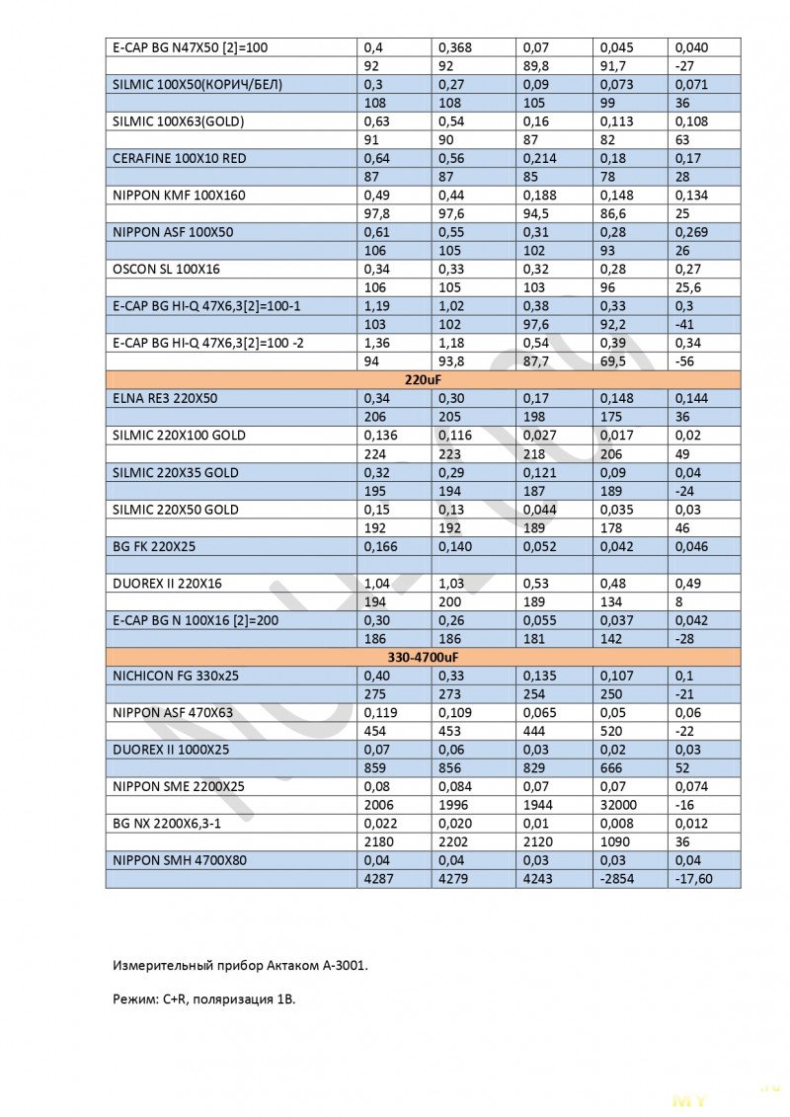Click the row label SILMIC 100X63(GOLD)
pos(179,121)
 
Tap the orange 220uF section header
pos(423,379)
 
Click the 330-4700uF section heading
pos(423,657)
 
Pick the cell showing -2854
pos(616,879)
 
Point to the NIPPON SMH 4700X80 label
pos(180,860)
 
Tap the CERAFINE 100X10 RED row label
pos(180,158)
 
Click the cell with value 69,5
pos(614,361)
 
